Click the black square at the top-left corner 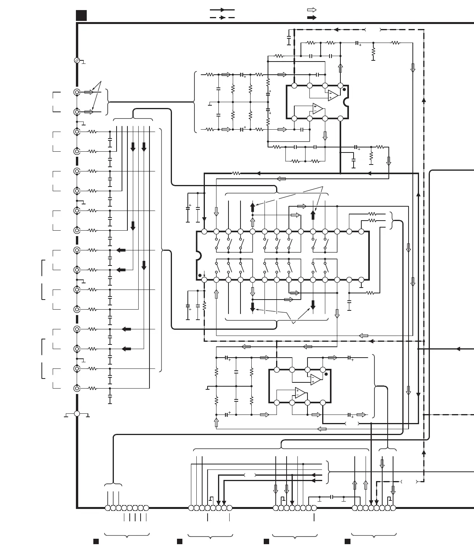point(81,15)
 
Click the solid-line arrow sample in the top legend point(222,10)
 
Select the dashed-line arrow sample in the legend point(222,17)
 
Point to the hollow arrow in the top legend point(312,10)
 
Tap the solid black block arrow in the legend point(312,17)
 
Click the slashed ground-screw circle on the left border point(77,60)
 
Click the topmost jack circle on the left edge point(77,92)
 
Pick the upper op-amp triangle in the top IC point(333,95)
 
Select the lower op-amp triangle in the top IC point(318,109)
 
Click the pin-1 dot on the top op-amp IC point(344,89)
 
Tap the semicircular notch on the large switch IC point(199,255)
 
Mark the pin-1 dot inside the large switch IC point(200,276)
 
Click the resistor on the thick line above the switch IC point(236,173)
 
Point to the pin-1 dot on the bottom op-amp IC point(326,374)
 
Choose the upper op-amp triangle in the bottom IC point(316,380)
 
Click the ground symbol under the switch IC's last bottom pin point(361,286)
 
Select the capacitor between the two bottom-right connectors point(332,497)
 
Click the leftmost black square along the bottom point(96,541)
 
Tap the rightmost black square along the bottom point(347,541)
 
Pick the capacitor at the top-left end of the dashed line point(289,40)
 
